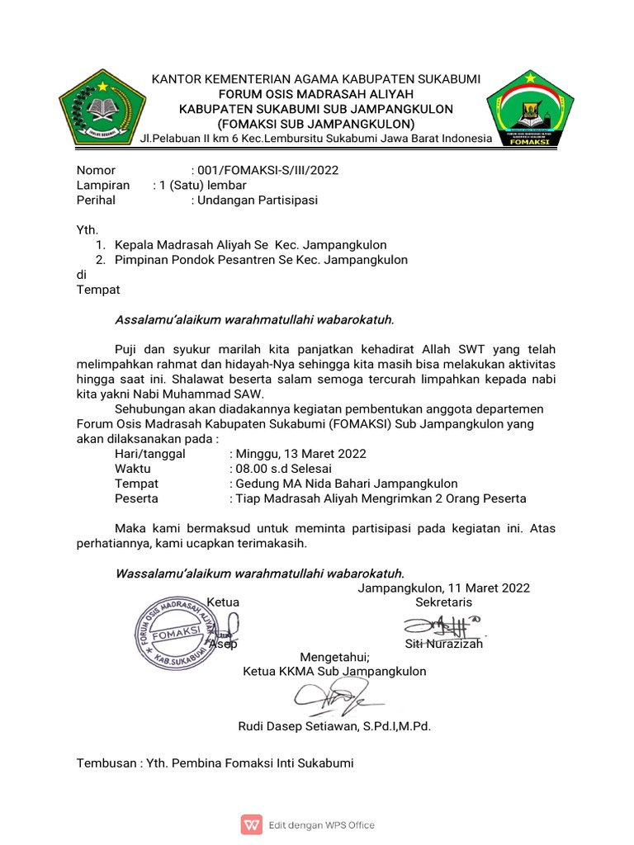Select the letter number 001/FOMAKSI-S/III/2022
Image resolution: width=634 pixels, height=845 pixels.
(264, 170)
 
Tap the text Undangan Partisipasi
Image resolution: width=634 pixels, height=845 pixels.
(254, 200)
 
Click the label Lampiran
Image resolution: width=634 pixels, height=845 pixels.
(103, 185)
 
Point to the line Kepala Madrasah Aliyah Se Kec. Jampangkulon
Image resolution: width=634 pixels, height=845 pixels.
(250, 245)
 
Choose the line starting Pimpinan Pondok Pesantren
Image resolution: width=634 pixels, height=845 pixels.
(261, 260)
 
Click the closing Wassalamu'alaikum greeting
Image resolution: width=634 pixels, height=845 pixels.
(259, 573)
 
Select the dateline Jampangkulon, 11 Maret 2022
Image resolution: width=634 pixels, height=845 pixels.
(443, 588)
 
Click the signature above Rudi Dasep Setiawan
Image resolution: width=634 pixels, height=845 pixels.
(334, 701)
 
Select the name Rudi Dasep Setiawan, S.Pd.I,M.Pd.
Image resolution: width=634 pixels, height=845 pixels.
(334, 727)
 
